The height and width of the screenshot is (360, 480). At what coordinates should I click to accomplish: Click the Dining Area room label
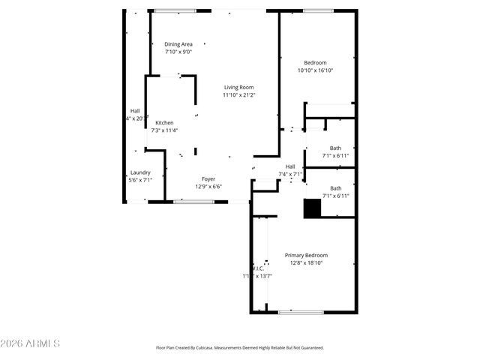point(178,44)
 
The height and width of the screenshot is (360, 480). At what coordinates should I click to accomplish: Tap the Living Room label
point(238,88)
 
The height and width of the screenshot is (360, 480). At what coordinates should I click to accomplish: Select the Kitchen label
point(164,123)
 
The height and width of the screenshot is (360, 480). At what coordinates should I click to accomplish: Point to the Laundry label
point(140,172)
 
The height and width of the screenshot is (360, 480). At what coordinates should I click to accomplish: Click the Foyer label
point(208,179)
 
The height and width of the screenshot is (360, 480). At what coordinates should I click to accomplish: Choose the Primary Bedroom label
point(306,255)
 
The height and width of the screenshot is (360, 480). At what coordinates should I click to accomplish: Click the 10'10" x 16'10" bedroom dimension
point(315,70)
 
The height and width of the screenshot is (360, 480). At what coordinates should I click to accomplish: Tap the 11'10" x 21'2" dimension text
point(238,95)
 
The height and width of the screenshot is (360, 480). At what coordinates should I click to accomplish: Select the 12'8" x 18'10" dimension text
point(306,262)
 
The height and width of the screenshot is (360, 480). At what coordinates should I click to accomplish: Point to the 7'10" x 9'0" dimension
point(178,52)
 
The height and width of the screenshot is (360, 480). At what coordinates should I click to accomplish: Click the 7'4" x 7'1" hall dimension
point(290,174)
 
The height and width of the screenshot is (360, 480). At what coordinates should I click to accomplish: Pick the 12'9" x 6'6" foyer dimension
point(208,187)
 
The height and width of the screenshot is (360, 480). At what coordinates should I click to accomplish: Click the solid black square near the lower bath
point(312,208)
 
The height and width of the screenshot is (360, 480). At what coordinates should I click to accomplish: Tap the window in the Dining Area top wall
point(175,10)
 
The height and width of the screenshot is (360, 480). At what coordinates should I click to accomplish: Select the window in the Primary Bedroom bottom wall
point(301,312)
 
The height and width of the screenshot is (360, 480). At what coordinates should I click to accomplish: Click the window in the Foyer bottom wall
point(193,201)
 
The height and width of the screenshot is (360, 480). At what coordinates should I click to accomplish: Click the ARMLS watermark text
point(31,343)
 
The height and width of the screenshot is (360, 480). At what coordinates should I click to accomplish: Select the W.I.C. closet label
point(257,268)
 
